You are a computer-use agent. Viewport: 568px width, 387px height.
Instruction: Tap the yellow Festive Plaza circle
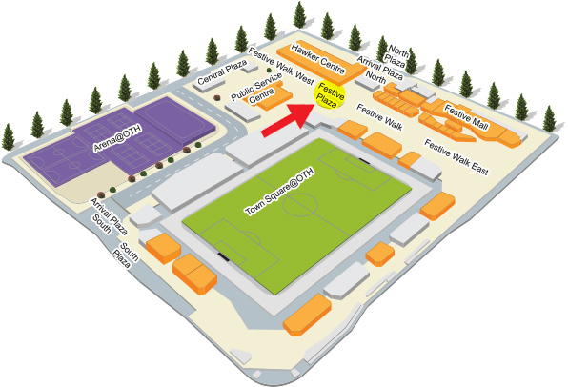330,95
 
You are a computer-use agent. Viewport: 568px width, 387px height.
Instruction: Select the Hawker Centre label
318,59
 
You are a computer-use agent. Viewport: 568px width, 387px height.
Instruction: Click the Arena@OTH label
117,137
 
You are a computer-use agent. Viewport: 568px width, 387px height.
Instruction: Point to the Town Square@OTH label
278,192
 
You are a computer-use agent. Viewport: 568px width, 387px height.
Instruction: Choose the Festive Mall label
467,117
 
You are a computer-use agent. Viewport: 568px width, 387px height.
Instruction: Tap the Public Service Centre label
256,90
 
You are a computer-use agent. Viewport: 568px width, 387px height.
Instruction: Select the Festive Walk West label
281,66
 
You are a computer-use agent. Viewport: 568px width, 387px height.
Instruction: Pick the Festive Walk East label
456,157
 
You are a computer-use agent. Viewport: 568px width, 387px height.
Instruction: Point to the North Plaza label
396,56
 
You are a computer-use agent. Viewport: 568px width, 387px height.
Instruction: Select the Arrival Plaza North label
378,70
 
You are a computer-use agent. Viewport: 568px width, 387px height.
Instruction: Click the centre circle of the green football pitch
300,206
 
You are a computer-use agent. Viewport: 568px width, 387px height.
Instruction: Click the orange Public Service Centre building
271,95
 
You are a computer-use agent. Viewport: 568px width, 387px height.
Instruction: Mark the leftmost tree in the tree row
8,136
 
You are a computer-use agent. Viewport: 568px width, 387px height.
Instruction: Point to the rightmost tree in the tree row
549,118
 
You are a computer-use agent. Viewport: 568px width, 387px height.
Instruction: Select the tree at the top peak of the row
299,14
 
